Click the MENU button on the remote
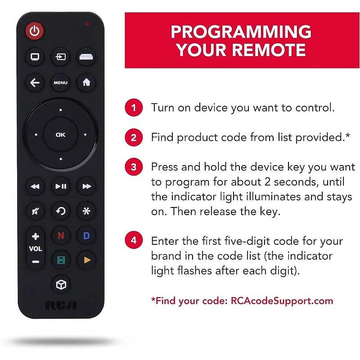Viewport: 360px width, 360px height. (x=60, y=83)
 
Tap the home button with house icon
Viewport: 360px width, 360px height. (x=86, y=83)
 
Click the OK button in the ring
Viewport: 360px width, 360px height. (x=60, y=134)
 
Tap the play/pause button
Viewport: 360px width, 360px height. (x=60, y=186)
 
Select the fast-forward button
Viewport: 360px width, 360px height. (x=86, y=186)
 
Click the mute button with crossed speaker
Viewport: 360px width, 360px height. (x=35, y=210)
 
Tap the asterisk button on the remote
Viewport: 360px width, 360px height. (x=86, y=210)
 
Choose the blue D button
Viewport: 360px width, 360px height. (x=86, y=235)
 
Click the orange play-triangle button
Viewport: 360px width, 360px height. (x=86, y=260)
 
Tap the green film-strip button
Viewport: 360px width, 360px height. (x=60, y=260)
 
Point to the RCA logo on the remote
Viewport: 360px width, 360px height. (x=60, y=306)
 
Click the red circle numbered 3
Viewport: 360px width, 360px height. (x=134, y=167)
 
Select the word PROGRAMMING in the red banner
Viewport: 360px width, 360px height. (x=241, y=32)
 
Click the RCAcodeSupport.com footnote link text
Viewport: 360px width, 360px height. (x=282, y=301)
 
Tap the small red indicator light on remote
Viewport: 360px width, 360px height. (x=87, y=23)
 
